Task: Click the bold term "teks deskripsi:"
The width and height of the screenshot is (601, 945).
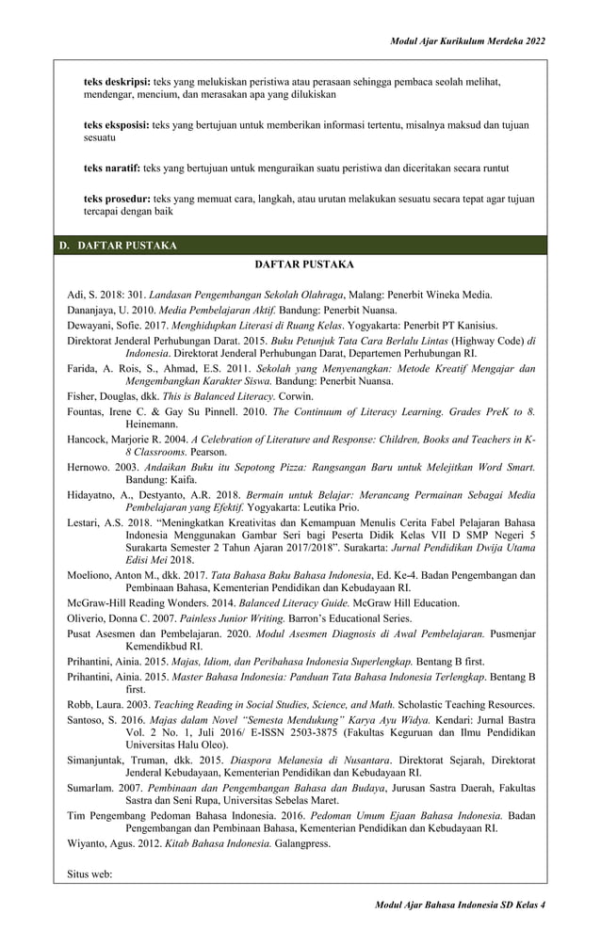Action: [117, 82]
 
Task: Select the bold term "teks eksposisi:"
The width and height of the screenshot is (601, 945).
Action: [117, 124]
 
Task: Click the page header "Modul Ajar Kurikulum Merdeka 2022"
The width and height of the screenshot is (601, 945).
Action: [467, 42]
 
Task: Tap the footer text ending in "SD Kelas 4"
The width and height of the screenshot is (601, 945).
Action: [461, 904]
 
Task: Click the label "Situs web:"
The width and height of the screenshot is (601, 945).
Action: [89, 873]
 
